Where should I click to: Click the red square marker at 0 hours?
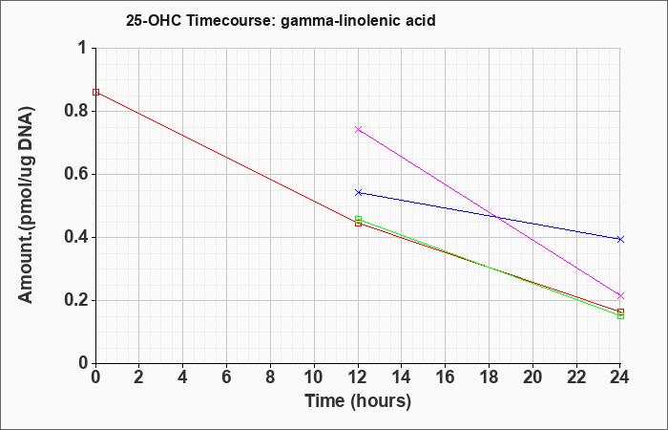tap(95, 92)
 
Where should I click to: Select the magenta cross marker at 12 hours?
tap(358, 129)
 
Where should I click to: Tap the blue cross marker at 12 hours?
tap(358, 193)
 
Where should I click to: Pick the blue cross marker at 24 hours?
tap(620, 239)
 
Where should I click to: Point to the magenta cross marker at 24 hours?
tap(620, 295)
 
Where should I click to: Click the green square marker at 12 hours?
tap(358, 219)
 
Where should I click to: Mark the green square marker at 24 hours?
tap(620, 315)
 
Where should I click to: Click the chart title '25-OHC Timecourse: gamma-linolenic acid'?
tap(281, 20)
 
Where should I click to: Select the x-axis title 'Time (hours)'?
tap(358, 401)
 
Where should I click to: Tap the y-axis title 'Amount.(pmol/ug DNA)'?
tap(26, 204)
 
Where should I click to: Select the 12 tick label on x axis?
tap(358, 377)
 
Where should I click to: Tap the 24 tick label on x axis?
tap(620, 377)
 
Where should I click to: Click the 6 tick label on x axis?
tap(227, 377)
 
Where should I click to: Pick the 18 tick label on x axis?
tap(489, 377)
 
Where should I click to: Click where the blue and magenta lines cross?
tap(497, 217)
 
